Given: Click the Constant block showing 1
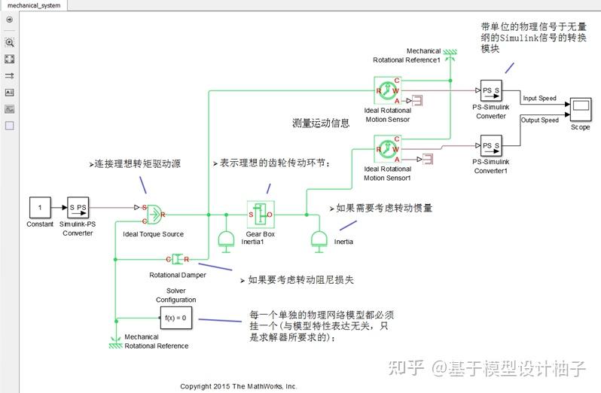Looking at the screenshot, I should coord(40,207).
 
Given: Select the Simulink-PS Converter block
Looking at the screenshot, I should coord(78,207).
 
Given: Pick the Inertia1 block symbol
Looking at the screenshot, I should coord(225,239).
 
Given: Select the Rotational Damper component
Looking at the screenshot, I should coord(178,260).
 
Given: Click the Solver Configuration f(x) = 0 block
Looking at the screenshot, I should coord(175,318).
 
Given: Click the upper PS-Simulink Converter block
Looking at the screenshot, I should coord(491,91).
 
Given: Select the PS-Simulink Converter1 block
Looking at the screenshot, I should coord(491,145).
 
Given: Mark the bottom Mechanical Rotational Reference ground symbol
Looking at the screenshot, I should coord(115,340).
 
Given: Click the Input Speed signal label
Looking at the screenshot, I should coord(539,99).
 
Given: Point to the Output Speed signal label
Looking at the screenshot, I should coord(539,120).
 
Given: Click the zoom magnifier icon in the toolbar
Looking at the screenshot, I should coord(10,43).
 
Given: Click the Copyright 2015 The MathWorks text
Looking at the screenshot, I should coord(238,386).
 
